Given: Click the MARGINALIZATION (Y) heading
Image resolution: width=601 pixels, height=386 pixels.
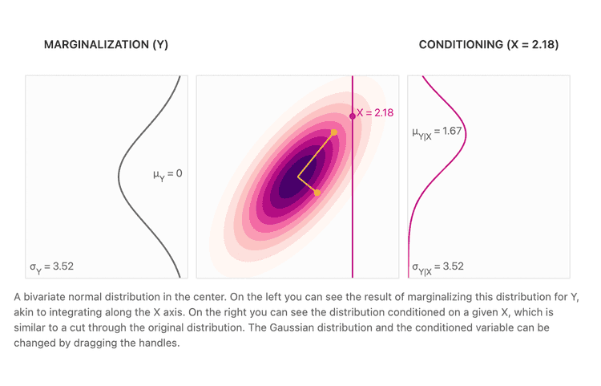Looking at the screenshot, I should tap(106, 45).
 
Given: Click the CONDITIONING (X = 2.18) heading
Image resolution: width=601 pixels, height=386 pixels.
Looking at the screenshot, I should tap(488, 45).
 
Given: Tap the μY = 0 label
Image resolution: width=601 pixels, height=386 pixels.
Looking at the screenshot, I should tap(167, 173).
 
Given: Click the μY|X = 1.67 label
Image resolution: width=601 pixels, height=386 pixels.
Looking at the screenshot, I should tap(438, 132).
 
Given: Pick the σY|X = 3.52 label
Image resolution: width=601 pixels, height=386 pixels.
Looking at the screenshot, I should tap(438, 267).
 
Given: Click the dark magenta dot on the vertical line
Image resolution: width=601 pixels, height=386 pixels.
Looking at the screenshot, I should tap(353, 116).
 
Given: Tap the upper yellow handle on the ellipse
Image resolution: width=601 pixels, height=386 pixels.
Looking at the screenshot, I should tap(334, 132).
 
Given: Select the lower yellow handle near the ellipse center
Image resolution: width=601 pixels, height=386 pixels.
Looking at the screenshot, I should tap(317, 193).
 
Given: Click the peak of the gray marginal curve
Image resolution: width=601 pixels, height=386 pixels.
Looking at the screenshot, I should tap(119, 173).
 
